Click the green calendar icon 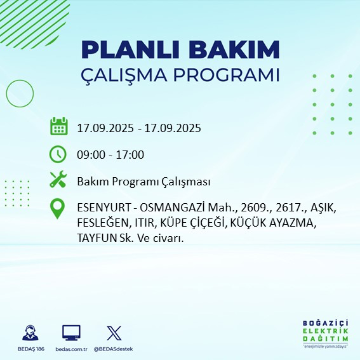pos(58,127)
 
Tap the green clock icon pos(58,154)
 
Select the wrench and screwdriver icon pos(58,181)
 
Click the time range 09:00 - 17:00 pos(110,155)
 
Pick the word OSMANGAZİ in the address pos(168,208)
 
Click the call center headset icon pos(29,333)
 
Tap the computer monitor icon pos(71,333)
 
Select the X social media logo pos(114,333)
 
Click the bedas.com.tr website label pos(70,349)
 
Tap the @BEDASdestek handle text pos(114,349)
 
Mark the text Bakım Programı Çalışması pos(143,182)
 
